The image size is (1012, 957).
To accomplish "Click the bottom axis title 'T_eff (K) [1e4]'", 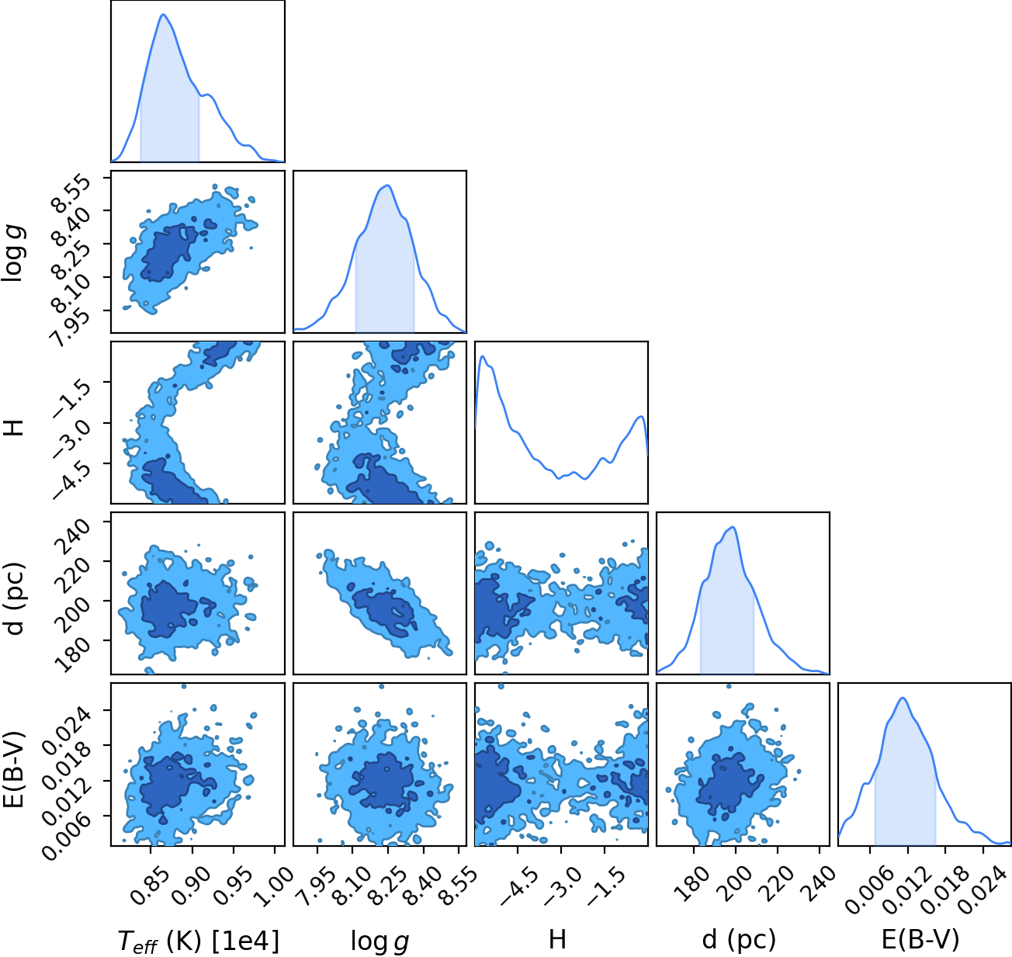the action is pyautogui.click(x=199, y=941).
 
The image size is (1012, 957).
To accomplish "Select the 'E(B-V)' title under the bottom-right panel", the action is pyautogui.click(x=920, y=939).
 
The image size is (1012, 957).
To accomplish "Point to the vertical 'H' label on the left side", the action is pyautogui.click(x=16, y=428).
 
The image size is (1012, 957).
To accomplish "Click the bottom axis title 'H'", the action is pyautogui.click(x=557, y=939).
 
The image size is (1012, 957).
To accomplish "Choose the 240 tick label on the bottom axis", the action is pyautogui.click(x=819, y=882).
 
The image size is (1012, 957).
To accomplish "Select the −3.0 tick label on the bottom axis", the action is pyautogui.click(x=561, y=885).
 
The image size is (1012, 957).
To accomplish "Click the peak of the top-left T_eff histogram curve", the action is pyautogui.click(x=164, y=14).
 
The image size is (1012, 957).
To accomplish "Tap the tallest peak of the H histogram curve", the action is pyautogui.click(x=482, y=355).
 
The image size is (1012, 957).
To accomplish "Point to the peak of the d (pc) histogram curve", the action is pyautogui.click(x=733, y=527).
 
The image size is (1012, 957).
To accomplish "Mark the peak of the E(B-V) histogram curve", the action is pyautogui.click(x=903, y=698).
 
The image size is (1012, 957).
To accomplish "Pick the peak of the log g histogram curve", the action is pyautogui.click(x=387, y=186).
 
